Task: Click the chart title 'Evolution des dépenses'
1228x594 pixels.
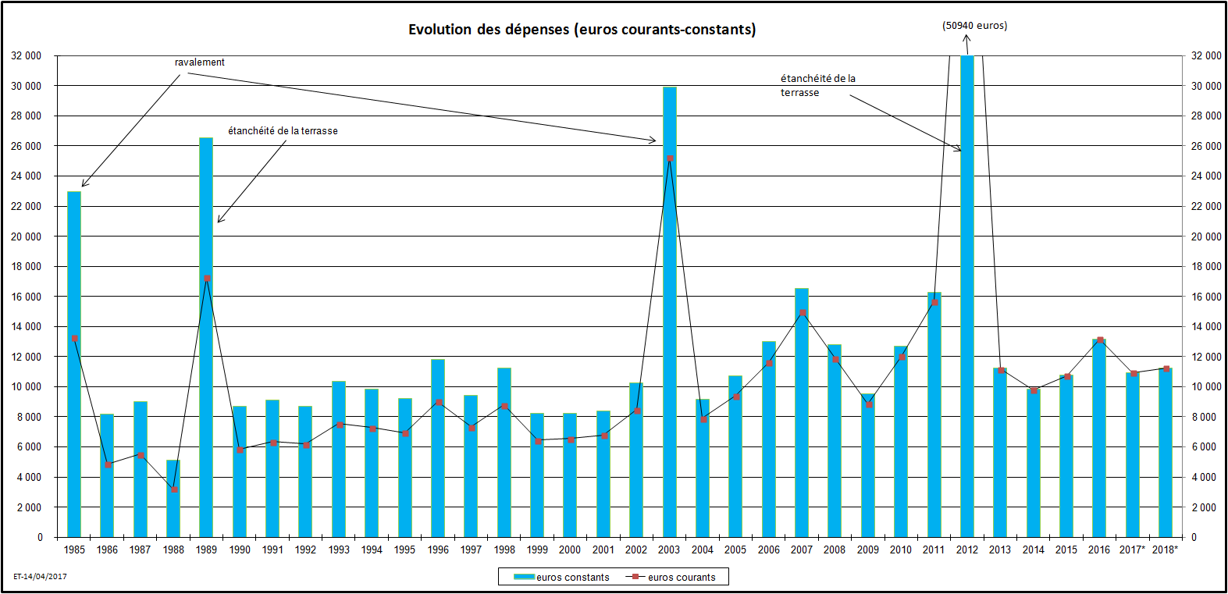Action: (x=582, y=30)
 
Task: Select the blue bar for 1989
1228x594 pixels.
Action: (x=206, y=336)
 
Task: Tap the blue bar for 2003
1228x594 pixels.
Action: (x=670, y=312)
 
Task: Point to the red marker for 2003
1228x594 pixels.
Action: (x=670, y=158)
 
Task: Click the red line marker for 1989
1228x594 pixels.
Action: (x=207, y=278)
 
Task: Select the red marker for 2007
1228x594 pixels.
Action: (x=803, y=313)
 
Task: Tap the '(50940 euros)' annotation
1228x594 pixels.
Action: (x=974, y=26)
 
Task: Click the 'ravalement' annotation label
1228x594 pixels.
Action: (x=200, y=62)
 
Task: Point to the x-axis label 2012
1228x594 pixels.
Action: (x=966, y=550)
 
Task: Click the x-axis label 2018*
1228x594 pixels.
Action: (x=1165, y=550)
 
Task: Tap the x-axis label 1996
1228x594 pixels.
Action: (x=438, y=550)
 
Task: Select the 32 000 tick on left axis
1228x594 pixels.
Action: (x=26, y=56)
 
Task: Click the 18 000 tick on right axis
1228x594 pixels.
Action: (x=1206, y=267)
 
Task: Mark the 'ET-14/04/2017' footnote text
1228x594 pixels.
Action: (x=40, y=577)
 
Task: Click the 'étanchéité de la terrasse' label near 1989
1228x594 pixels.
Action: (x=283, y=131)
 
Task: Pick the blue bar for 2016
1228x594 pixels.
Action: (x=1099, y=437)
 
